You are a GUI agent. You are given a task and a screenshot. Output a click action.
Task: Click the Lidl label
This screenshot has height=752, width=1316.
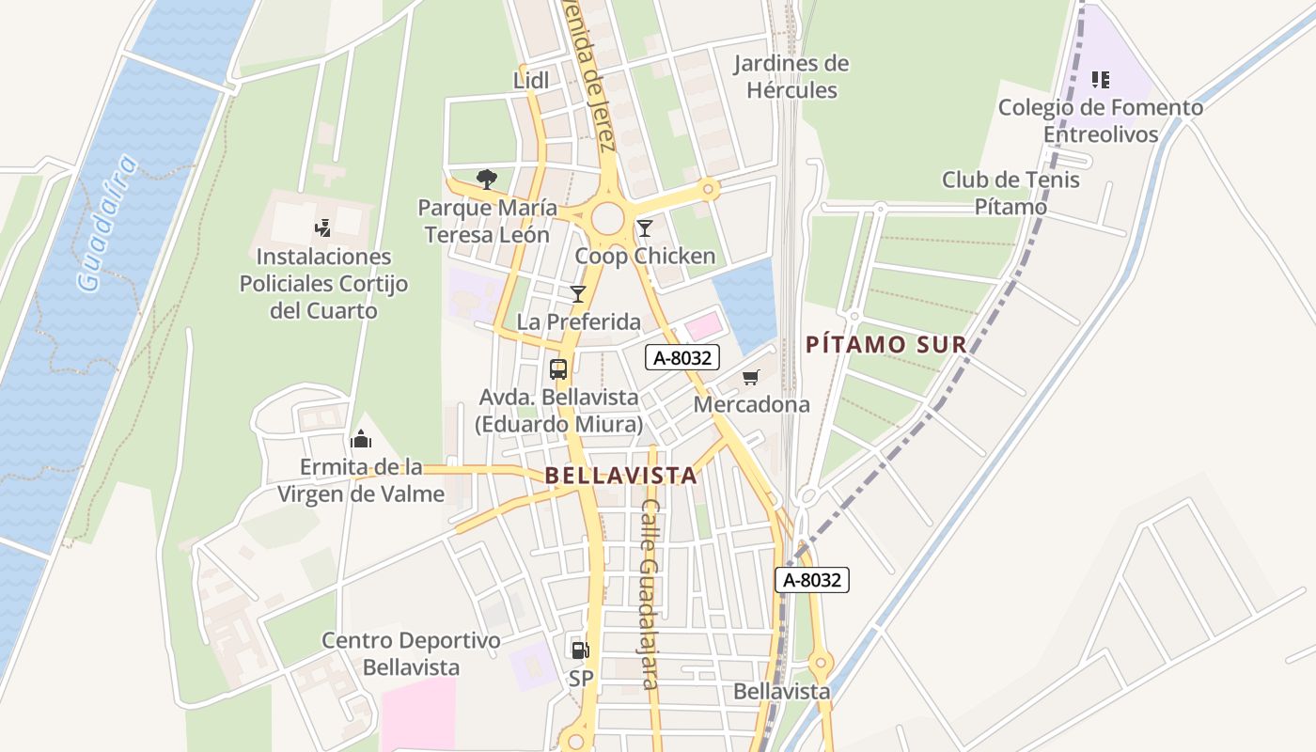point(531,81)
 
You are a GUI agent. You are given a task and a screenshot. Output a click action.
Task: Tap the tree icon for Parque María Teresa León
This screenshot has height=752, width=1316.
point(486,179)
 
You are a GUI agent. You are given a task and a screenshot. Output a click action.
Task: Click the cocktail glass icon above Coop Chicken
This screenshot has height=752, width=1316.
point(645,228)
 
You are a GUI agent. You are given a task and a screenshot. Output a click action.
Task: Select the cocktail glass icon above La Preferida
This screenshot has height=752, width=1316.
point(578,294)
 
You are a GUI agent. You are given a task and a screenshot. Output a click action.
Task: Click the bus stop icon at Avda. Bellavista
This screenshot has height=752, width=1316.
point(558,368)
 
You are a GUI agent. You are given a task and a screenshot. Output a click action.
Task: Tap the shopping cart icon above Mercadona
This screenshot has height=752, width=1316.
point(750,378)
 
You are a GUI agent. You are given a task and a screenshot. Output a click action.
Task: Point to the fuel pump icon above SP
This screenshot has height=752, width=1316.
point(580,650)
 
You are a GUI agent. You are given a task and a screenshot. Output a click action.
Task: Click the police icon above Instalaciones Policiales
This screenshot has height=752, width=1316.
point(323,227)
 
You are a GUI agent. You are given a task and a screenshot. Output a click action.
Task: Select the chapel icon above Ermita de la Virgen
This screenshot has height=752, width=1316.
point(361,439)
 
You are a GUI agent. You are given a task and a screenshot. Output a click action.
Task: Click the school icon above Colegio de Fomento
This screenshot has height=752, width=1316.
point(1101,80)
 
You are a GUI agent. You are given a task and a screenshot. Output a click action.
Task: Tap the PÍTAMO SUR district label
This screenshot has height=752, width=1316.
point(886,345)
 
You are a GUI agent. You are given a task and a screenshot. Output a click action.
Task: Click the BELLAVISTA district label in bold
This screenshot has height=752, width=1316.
point(621,476)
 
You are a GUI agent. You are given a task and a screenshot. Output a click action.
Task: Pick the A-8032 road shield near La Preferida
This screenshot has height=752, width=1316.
point(682,357)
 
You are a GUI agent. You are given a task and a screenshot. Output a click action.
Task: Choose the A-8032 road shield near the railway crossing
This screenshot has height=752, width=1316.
point(812,580)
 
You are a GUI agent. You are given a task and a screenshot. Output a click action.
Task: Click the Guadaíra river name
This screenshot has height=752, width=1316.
point(106,225)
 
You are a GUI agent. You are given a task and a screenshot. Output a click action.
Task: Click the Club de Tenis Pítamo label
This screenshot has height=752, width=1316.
point(1010,193)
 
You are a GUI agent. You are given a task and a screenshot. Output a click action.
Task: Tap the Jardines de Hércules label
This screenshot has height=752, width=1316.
point(791,77)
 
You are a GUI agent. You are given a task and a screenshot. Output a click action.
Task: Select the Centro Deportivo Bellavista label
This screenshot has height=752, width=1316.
point(411,654)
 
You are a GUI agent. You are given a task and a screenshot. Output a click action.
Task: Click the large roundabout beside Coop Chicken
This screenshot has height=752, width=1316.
point(608,217)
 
